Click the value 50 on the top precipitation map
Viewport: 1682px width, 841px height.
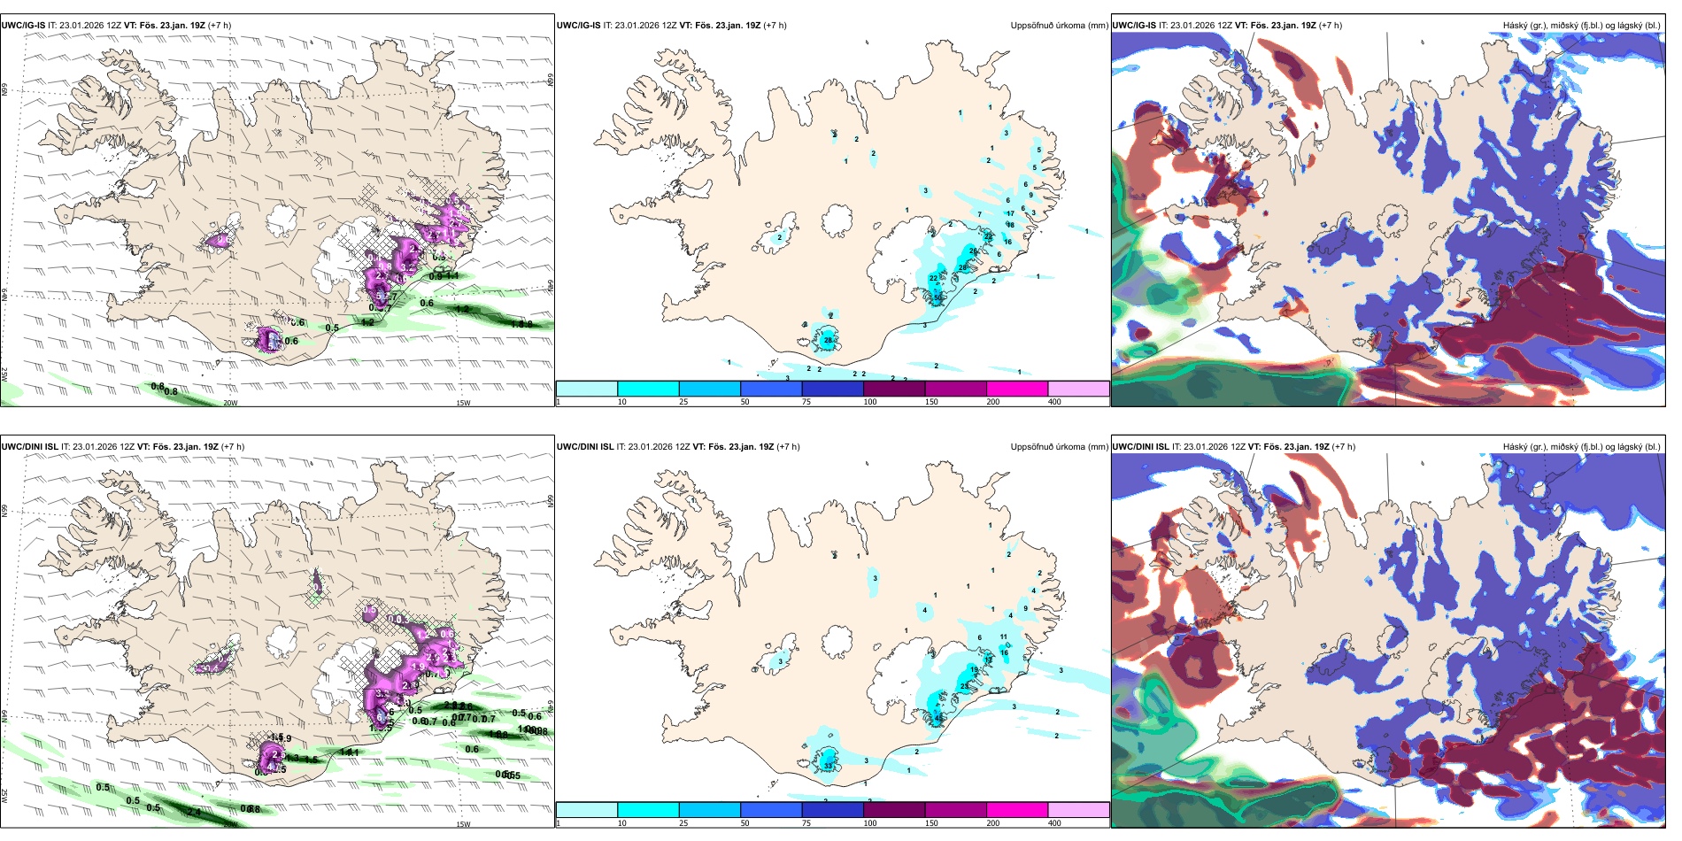(x=938, y=297)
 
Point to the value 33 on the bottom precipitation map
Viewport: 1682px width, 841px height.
(x=828, y=765)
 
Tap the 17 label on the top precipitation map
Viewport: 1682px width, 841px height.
(x=1010, y=213)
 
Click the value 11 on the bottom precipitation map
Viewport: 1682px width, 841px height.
(x=1004, y=637)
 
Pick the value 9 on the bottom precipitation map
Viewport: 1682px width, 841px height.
(x=1026, y=608)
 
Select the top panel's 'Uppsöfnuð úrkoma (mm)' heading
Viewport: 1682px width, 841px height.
(x=1059, y=26)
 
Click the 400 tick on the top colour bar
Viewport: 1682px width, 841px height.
(x=1054, y=402)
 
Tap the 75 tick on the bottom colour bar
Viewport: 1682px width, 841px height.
(x=806, y=823)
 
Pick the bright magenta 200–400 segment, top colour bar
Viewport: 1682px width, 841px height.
(x=1017, y=389)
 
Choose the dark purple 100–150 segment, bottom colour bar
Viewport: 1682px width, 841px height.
(x=894, y=810)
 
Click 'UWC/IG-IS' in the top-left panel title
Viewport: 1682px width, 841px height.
(x=23, y=26)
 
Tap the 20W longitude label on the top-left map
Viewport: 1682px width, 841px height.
(x=230, y=403)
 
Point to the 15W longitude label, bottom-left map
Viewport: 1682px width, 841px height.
(x=463, y=824)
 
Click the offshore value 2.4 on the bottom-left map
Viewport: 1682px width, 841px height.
(x=194, y=812)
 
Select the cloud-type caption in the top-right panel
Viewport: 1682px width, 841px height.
(x=1581, y=26)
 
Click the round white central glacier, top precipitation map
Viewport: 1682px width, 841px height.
(x=837, y=220)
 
